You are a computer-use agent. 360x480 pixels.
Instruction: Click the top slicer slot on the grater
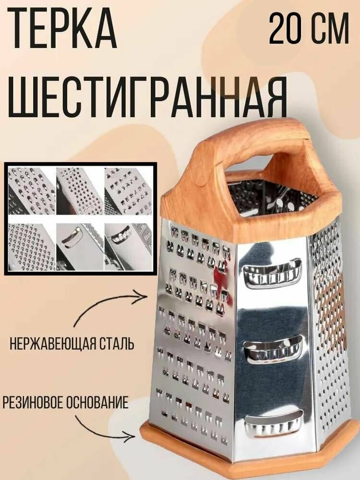272,274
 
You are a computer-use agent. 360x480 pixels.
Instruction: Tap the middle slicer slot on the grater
274,349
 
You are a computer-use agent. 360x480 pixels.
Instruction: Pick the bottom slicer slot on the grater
274,423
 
